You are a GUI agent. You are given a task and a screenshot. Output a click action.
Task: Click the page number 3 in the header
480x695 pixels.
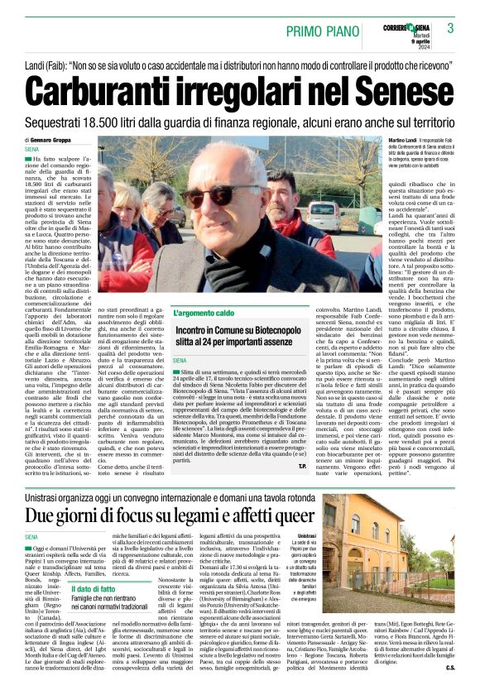[x=450, y=29]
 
